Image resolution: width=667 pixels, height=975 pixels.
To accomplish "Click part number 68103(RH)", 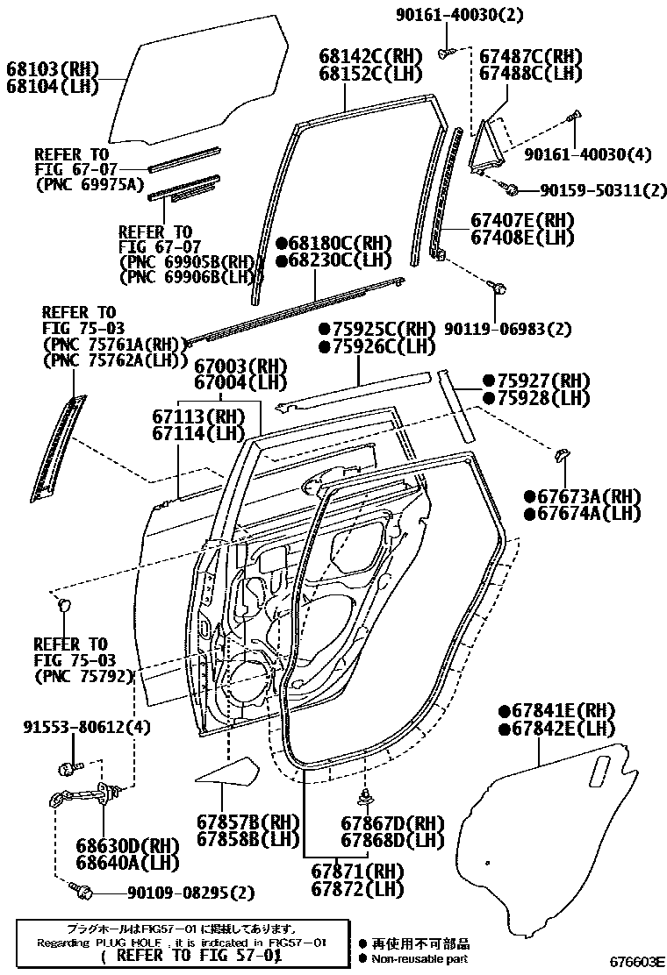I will [52, 69].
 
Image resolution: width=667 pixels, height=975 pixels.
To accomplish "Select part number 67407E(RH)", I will [522, 220].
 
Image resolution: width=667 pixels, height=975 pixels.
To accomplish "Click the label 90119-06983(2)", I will [507, 329].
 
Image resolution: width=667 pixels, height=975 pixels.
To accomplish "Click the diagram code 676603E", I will [639, 962].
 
